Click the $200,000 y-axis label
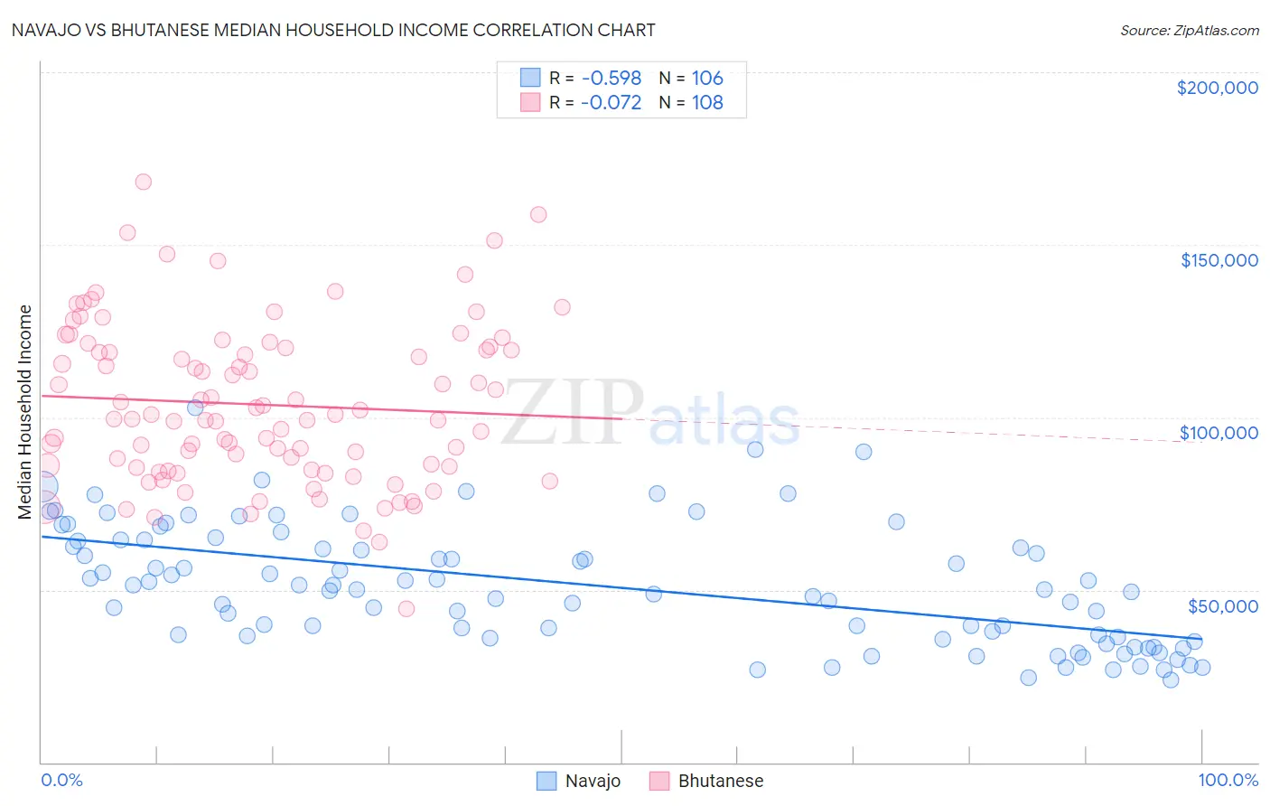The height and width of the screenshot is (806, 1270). pyautogui.click(x=1217, y=88)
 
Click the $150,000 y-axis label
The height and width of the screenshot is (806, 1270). pyautogui.click(x=1219, y=260)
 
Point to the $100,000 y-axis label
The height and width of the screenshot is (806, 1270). pyautogui.click(x=1219, y=433)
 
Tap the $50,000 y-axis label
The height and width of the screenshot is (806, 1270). pyautogui.click(x=1222, y=605)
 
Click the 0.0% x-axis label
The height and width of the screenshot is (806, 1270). pyautogui.click(x=61, y=780)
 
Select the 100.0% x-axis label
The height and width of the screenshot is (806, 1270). pyautogui.click(x=1228, y=780)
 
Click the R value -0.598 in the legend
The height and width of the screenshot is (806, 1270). pyautogui.click(x=611, y=79)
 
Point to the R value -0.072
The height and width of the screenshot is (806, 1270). pyautogui.click(x=611, y=103)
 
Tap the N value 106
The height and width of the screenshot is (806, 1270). pyautogui.click(x=707, y=79)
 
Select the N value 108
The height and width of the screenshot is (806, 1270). pyautogui.click(x=707, y=103)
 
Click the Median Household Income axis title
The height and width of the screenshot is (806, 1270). pyautogui.click(x=25, y=412)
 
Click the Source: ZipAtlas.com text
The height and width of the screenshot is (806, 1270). pyautogui.click(x=1189, y=31)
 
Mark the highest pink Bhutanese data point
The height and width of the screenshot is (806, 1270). pyautogui.click(x=143, y=182)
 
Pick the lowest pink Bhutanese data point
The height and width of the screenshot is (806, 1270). pyautogui.click(x=406, y=609)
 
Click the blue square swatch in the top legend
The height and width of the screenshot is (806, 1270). pyautogui.click(x=530, y=78)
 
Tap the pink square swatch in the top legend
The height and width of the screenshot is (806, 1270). pyautogui.click(x=530, y=102)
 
